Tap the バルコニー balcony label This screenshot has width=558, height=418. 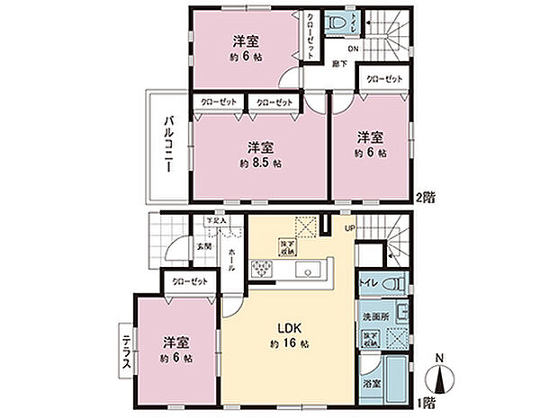coord(168,145)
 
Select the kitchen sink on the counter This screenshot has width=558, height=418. coord(311,268)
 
